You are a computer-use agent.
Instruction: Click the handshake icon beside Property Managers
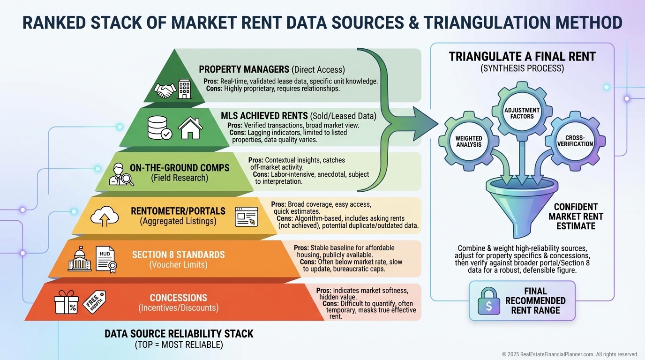coord(165,90)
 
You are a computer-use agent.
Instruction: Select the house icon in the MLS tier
coord(191,128)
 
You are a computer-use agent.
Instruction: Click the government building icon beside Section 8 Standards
coord(80,259)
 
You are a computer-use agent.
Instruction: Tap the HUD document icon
coord(105,259)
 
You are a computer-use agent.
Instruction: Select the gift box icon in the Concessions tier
coord(67,302)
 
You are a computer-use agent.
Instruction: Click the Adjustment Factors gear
coord(522,113)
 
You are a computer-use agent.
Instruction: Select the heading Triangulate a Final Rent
coord(522,57)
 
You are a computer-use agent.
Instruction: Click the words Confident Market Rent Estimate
coord(576,217)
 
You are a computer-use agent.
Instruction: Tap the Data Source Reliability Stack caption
coord(179,334)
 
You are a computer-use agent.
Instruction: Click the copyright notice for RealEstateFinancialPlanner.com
coord(570,354)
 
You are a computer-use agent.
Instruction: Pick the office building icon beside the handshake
coord(185,89)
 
